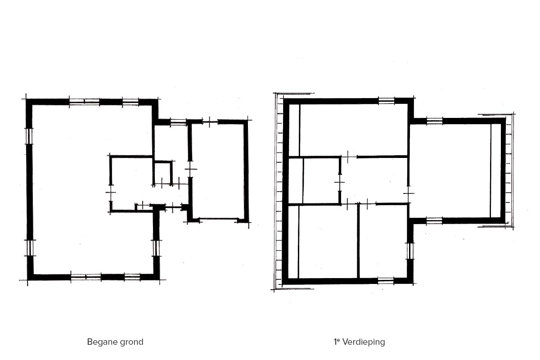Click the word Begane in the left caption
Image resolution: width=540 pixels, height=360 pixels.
(x=101, y=342)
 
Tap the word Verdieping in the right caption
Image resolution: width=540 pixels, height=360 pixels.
(x=364, y=342)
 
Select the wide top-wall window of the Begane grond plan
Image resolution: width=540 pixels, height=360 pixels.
(x=85, y=102)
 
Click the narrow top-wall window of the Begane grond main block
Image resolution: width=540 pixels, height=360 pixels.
(x=130, y=102)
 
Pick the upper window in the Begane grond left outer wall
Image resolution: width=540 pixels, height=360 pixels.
(x=29, y=136)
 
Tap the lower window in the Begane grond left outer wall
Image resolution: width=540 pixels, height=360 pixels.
(x=30, y=248)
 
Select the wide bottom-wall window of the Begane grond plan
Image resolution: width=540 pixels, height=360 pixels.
(x=86, y=277)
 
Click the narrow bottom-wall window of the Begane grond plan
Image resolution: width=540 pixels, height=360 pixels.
(x=132, y=277)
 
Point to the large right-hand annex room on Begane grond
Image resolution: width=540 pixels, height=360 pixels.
(x=218, y=171)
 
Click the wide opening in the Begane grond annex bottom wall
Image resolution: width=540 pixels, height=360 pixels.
(x=218, y=219)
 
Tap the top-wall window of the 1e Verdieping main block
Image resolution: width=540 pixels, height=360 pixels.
(x=386, y=101)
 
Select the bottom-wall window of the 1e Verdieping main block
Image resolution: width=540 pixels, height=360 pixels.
(x=386, y=280)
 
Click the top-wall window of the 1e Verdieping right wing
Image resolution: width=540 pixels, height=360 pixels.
(x=435, y=121)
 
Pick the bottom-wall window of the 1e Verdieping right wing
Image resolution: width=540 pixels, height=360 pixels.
(x=434, y=220)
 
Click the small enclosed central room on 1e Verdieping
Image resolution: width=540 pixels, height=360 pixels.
(x=321, y=181)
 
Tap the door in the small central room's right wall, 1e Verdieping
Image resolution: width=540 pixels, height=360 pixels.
(x=340, y=183)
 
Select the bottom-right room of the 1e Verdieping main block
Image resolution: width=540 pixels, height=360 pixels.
(x=383, y=242)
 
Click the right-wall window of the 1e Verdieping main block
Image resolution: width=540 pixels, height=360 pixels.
(x=410, y=251)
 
